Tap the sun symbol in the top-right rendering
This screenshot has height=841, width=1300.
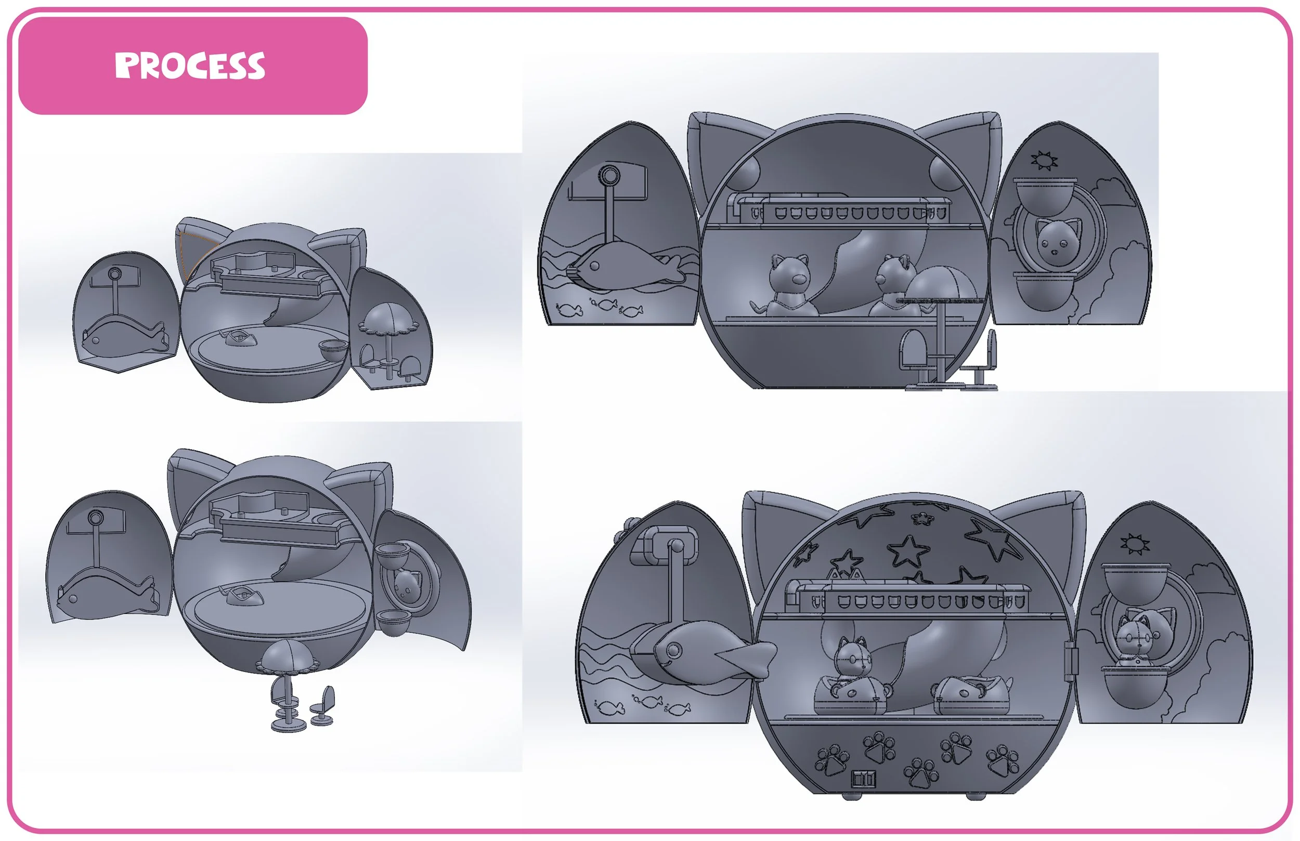[1044, 161]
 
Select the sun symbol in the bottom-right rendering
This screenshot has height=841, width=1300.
[1135, 544]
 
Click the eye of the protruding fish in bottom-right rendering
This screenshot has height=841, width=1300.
[673, 650]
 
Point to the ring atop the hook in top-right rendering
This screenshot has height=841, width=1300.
[608, 176]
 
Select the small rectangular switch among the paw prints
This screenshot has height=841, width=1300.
[864, 778]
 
